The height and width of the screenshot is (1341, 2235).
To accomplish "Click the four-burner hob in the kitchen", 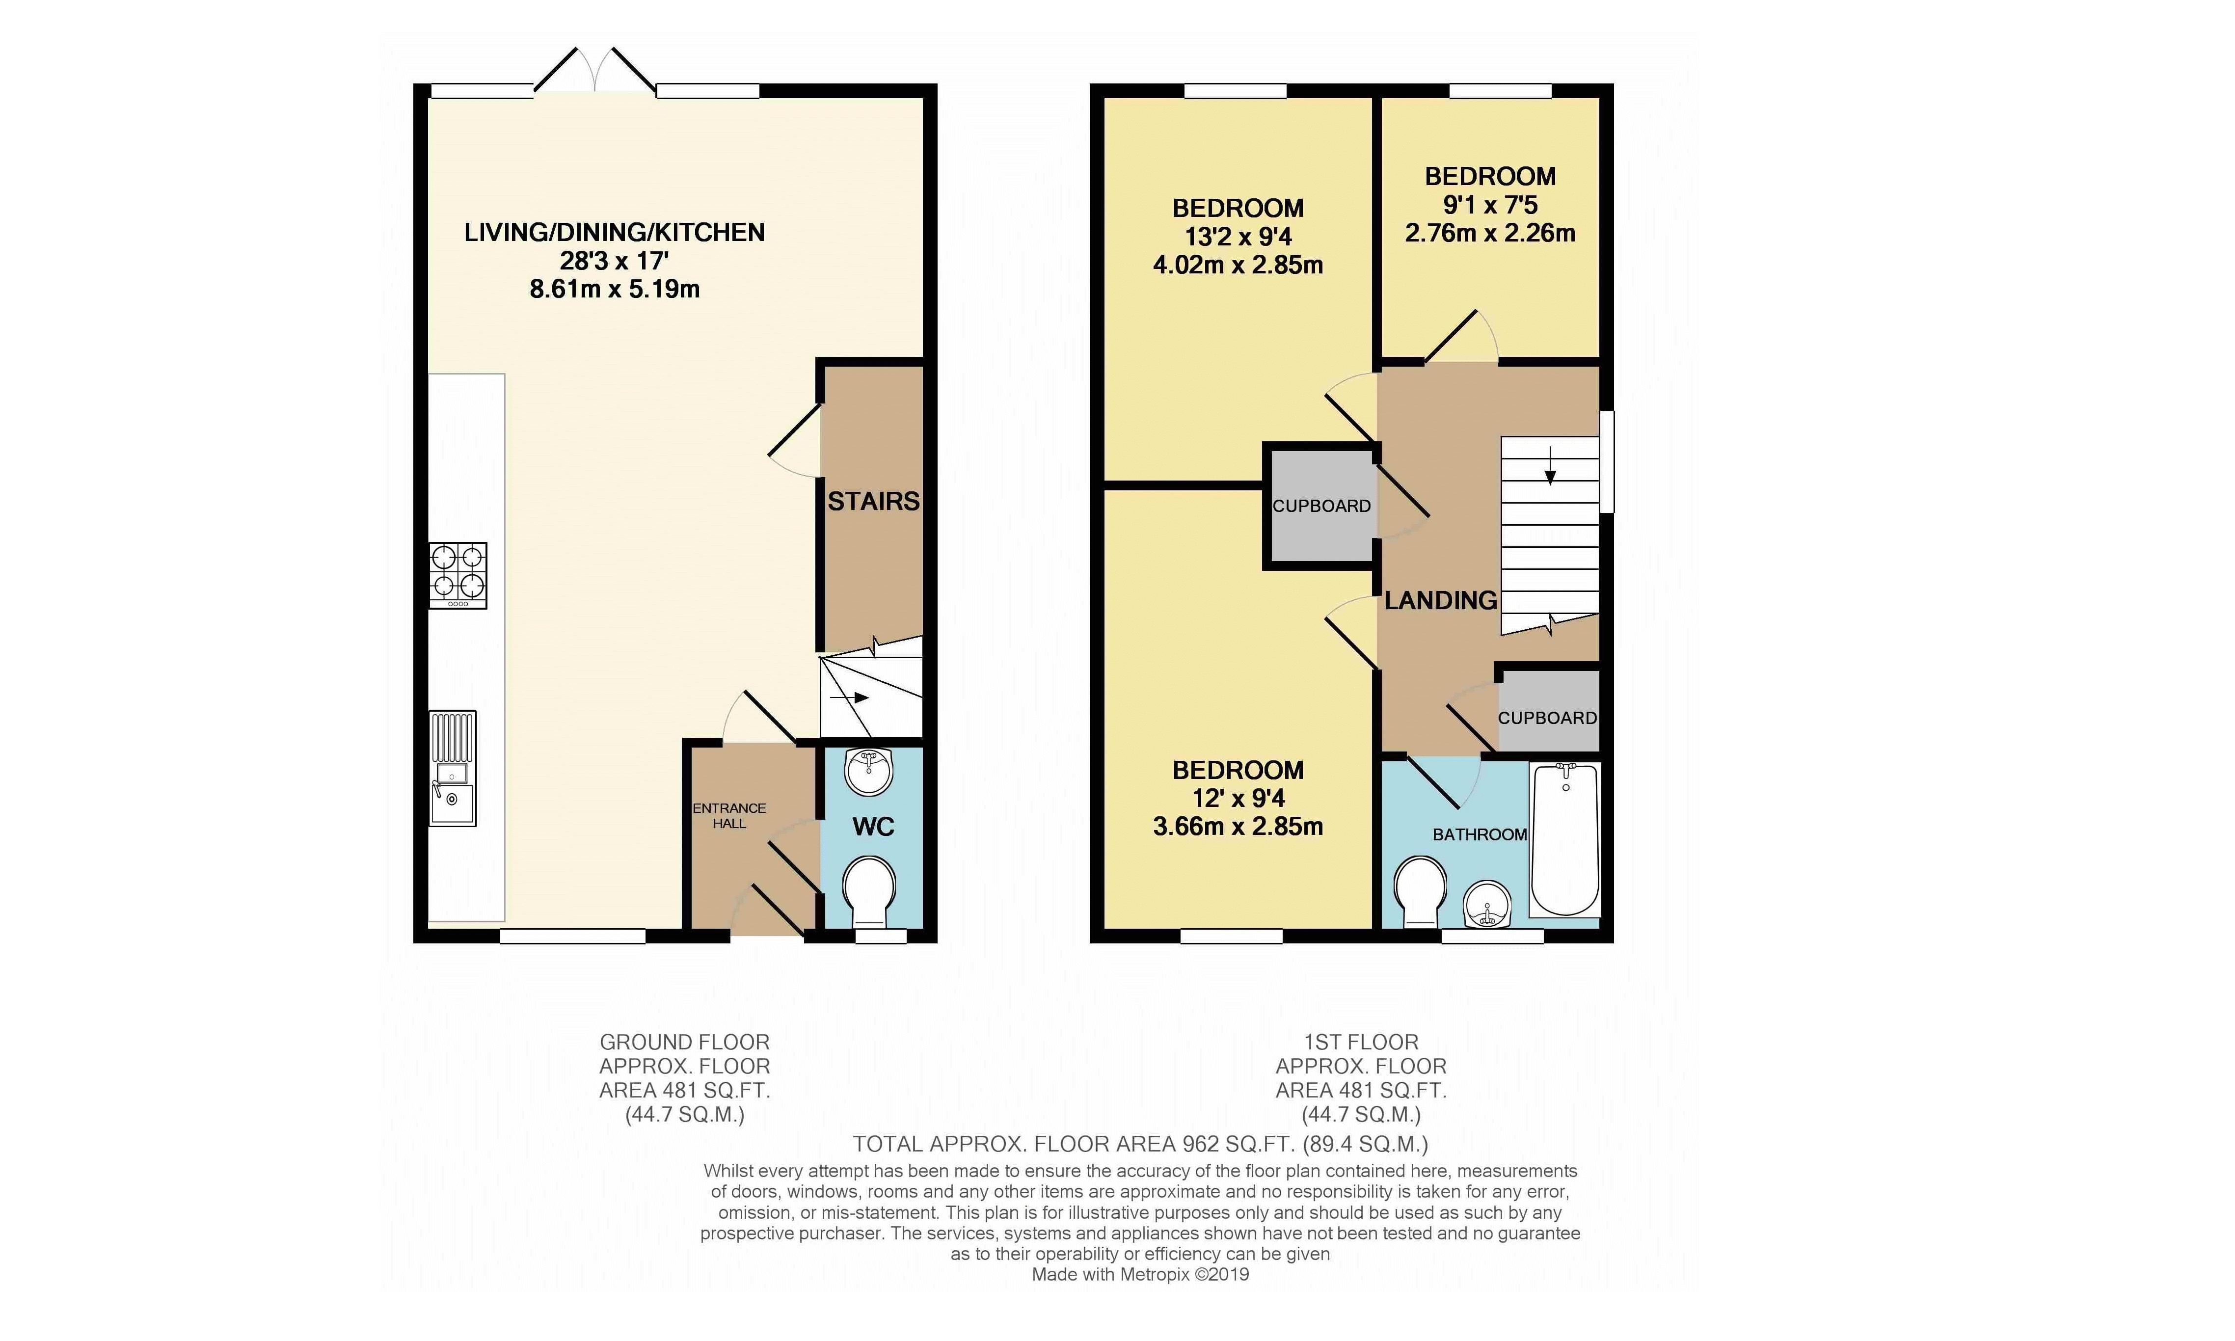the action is tap(458, 575).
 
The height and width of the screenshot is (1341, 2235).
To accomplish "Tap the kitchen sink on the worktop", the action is tap(453, 768).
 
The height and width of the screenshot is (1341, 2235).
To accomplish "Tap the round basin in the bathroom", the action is tap(1487, 905).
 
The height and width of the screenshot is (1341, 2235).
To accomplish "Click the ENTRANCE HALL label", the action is tap(729, 816).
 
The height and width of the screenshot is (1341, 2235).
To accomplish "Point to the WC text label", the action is tap(873, 826).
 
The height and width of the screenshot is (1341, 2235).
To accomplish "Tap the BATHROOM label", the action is tap(1480, 834).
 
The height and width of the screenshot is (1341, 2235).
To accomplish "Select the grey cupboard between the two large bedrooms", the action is tap(1321, 506).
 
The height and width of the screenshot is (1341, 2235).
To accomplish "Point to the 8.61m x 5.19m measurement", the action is tap(615, 289).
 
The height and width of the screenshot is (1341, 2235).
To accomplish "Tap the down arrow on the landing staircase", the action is tap(1551, 464).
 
